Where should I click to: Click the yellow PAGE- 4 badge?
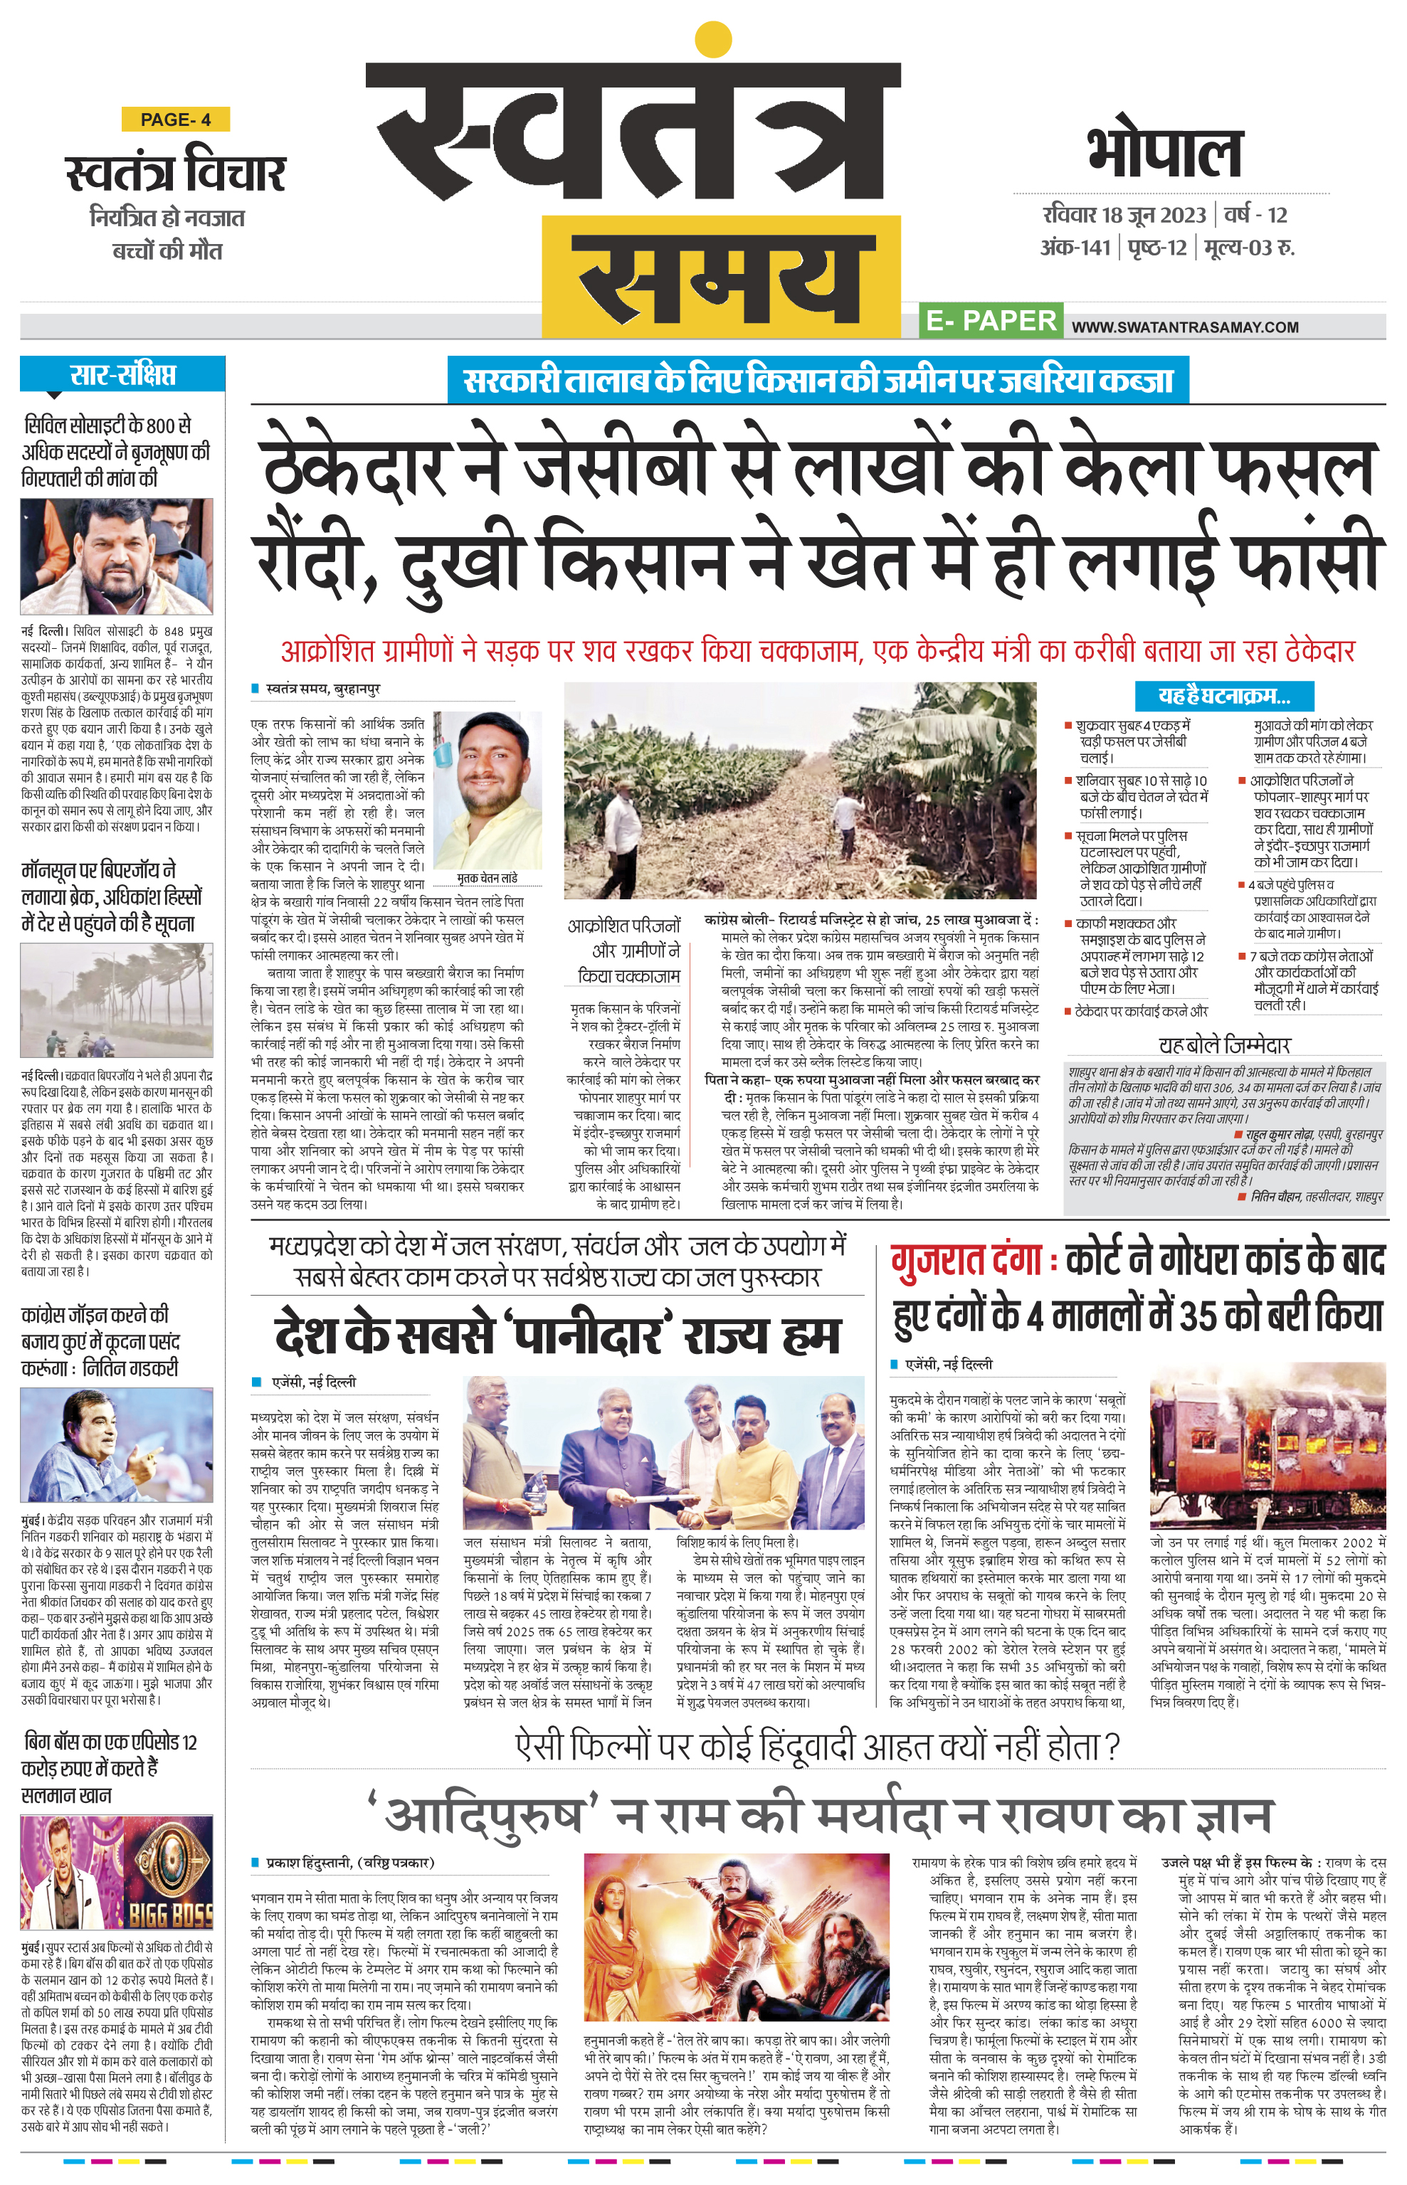(175, 120)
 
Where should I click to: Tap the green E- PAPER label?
(991, 321)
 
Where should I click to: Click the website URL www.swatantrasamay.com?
(1185, 327)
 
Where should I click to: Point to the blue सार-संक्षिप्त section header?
(122, 374)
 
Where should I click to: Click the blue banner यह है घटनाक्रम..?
(1223, 696)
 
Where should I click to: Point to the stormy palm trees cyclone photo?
(116, 1000)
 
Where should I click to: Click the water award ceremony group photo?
(663, 1452)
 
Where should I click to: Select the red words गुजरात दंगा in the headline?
(966, 1261)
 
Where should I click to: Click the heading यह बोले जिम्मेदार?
(1224, 1045)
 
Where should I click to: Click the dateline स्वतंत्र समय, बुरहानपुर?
(322, 688)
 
